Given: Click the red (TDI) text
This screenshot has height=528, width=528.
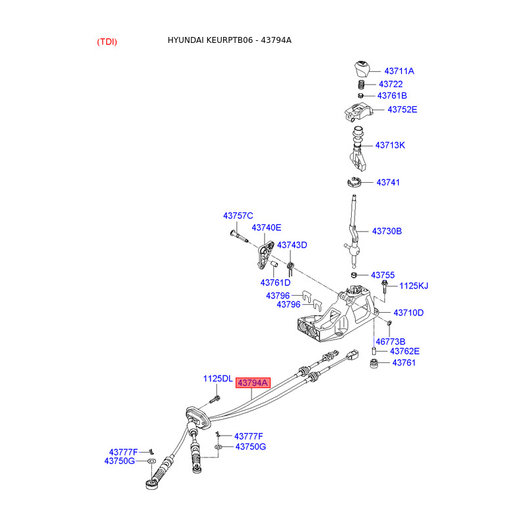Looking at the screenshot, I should coord(107,42).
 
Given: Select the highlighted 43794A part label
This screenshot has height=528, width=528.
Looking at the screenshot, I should coord(253,383).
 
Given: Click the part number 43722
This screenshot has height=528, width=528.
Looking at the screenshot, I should coord(391,84).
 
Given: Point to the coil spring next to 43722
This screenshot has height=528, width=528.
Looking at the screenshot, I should coord(362,85).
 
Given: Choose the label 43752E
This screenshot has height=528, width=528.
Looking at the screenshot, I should coord(402,110).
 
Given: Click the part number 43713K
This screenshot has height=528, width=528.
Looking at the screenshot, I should coord(390,145).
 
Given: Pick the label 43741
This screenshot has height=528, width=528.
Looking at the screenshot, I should coord(388,182).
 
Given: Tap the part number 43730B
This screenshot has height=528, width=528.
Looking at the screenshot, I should coord(387,232).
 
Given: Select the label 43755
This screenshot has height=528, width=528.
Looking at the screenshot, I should coord(382,275).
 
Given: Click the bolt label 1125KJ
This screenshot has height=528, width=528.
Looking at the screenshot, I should coord(414,286).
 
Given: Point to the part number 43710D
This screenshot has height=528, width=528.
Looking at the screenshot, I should coord(409,313).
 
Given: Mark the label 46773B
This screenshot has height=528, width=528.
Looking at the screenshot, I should coord(391,342).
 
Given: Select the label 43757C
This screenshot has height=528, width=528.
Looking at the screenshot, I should coord(238,216).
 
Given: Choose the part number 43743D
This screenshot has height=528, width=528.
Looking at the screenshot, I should coord(292,245).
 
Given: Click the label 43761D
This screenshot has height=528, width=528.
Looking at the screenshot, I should coord(275,282).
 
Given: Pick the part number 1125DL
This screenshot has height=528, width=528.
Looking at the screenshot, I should coord(217,379).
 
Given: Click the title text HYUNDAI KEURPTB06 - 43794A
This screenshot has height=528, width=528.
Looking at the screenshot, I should coord(229,40).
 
